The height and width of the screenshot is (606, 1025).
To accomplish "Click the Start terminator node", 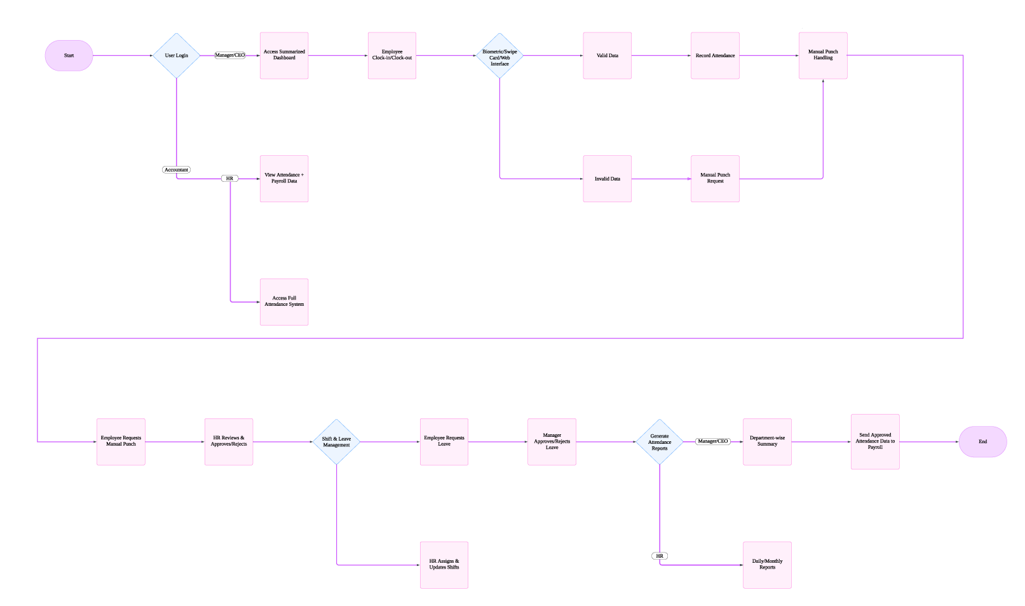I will tap(69, 55).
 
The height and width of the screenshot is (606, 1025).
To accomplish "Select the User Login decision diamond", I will tap(177, 55).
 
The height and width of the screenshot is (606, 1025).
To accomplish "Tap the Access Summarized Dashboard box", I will tap(284, 55).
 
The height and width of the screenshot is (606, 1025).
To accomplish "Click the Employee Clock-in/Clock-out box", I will tap(392, 55).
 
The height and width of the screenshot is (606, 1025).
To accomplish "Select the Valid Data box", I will tap(607, 55).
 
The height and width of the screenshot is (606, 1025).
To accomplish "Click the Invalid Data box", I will tap(607, 179).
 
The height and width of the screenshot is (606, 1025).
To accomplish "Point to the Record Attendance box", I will tap(715, 55).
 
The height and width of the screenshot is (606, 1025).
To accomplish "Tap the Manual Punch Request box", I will tap(715, 179).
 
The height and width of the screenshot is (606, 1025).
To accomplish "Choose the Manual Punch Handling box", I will tap(823, 55).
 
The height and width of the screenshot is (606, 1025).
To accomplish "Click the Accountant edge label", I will tap(176, 170).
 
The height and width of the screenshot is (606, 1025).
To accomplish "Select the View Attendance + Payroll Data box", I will tap(284, 179).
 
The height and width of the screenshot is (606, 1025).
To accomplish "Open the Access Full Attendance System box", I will tap(284, 302).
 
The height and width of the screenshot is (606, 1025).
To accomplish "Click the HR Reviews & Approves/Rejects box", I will tap(229, 441).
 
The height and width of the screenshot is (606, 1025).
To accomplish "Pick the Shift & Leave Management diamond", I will tap(336, 441).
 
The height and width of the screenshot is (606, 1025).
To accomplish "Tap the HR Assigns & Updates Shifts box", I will tap(444, 565).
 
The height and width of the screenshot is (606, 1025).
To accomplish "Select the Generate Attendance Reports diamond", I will tap(660, 441).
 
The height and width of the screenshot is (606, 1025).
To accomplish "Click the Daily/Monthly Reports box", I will tap(767, 565).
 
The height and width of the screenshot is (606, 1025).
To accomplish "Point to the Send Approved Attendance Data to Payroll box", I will tap(875, 441).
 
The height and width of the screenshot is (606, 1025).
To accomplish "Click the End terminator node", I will tap(982, 441).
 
